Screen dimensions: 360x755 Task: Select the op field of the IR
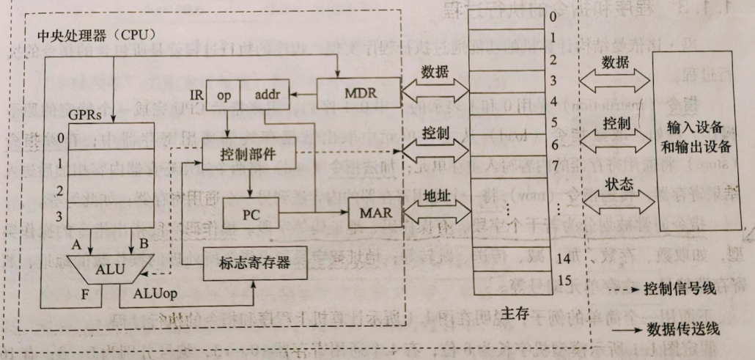coord(223,95)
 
